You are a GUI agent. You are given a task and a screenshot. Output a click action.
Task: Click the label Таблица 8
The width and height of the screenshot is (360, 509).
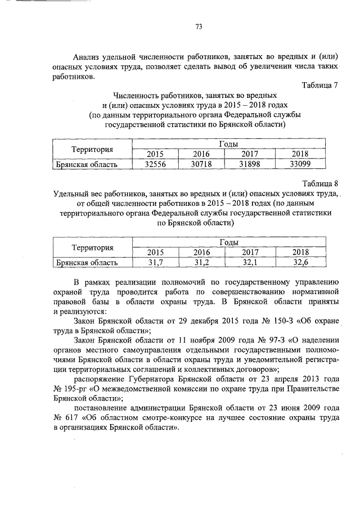coord(319,183)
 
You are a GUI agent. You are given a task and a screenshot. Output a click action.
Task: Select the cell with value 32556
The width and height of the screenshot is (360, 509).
coord(154,164)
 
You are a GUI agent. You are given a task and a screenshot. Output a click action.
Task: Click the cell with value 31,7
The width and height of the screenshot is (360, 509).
coord(154,262)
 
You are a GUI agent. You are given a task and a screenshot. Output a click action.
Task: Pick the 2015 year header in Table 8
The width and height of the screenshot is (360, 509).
coord(154,252)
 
